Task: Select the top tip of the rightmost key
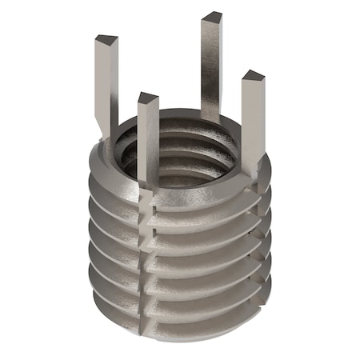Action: click(x=253, y=77)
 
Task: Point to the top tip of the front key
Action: click(x=147, y=98)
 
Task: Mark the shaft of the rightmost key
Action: click(x=254, y=120)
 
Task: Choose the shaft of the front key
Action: click(x=147, y=144)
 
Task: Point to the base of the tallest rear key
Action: click(x=211, y=112)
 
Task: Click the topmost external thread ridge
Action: click(x=200, y=204)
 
